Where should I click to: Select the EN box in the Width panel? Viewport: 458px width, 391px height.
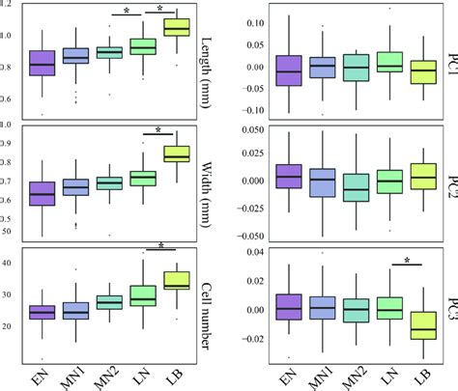click(42, 193)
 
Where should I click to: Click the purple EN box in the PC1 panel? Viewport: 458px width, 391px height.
click(288, 70)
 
